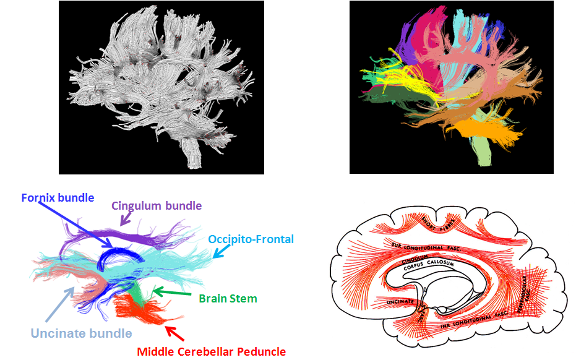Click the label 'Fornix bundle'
(58, 199)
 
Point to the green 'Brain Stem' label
(228, 299)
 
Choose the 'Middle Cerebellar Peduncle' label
(212, 351)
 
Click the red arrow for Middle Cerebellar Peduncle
(175, 334)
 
